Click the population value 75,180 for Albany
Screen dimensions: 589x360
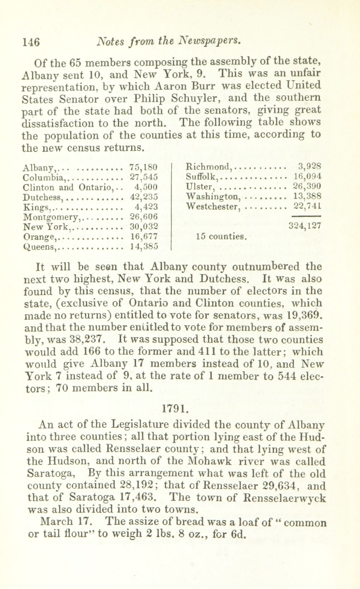pos(143,167)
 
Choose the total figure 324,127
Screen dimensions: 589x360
pos(305,226)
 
